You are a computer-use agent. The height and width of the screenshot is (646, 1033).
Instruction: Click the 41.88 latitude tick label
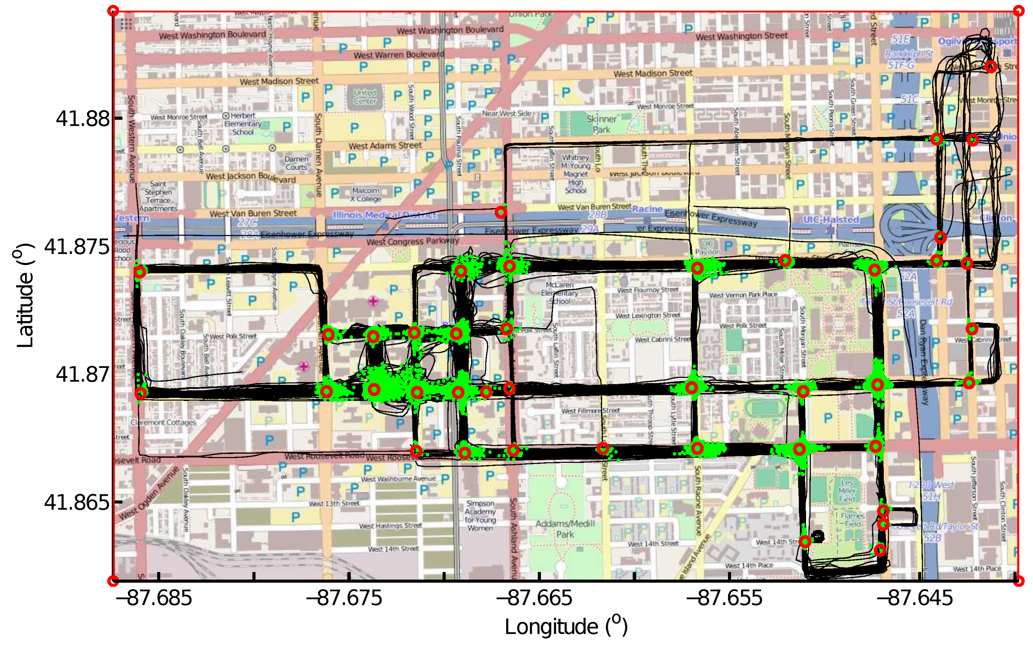[83, 118]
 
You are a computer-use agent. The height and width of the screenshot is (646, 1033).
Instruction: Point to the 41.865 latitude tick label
[77, 503]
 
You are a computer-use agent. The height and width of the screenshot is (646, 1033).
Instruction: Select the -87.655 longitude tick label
[724, 598]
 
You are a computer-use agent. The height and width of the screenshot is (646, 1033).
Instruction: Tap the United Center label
[365, 97]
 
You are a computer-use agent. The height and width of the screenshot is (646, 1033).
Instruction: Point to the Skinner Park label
[601, 124]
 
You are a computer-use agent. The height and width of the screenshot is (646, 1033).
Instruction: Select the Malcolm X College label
[366, 194]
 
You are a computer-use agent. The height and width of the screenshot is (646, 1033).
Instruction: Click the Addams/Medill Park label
[565, 529]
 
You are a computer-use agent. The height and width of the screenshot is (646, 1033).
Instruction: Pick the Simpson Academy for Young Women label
[480, 516]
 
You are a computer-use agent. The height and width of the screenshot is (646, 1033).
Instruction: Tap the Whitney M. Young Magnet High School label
[575, 174]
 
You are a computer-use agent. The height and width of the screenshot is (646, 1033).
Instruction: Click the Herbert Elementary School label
[242, 124]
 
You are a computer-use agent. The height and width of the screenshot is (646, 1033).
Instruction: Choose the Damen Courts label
[296, 163]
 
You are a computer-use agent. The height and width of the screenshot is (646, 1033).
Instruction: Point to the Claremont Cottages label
[163, 422]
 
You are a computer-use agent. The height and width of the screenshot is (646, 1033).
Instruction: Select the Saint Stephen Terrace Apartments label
[158, 196]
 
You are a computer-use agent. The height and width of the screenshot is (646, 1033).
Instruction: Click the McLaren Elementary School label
[560, 293]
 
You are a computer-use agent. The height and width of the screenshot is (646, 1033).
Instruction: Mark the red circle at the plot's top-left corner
[113, 11]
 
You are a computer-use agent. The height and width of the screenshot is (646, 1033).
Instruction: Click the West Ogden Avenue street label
[148, 493]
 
